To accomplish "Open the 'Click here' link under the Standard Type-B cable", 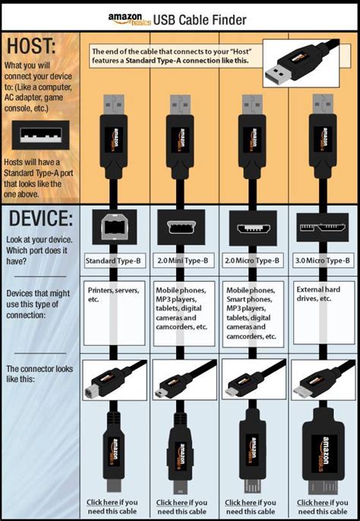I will point(101,502).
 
